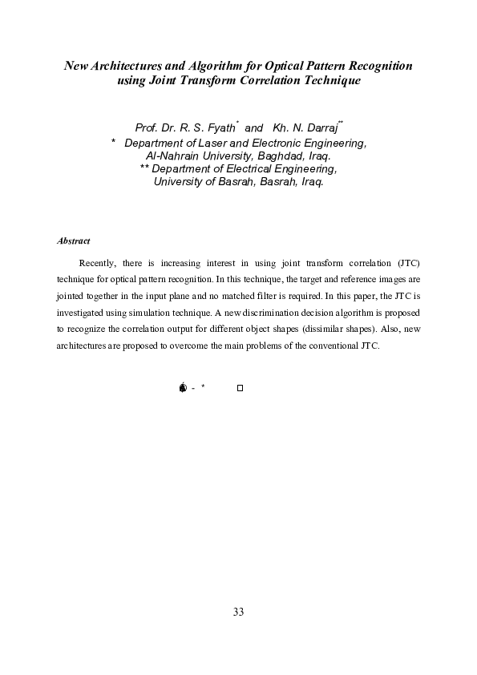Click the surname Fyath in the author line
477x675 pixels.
click(219, 128)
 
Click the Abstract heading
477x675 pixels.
click(74, 240)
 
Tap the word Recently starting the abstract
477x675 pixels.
click(99, 263)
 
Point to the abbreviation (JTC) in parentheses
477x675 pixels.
click(407, 263)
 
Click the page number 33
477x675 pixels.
click(238, 612)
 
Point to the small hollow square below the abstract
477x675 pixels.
click(240, 388)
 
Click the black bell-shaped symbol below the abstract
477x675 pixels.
click(183, 388)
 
